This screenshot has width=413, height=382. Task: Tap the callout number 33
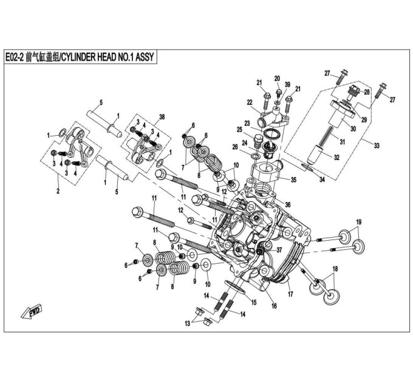point(377,145)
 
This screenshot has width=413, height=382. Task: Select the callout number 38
point(162,116)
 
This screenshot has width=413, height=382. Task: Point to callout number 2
point(58,191)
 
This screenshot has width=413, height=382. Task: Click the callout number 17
point(290,294)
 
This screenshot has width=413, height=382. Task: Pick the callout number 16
point(274,306)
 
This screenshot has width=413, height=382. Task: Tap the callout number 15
point(253,303)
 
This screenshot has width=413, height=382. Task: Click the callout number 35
point(293,179)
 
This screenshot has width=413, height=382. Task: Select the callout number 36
point(287,204)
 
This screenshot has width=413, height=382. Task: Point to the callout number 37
point(279,250)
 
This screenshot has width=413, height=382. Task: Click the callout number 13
point(187,323)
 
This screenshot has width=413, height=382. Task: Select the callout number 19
point(359,222)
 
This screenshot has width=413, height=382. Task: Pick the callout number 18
point(335,269)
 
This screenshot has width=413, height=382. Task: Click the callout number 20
point(277,78)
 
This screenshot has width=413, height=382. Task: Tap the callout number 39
point(287,85)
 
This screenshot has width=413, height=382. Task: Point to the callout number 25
point(239,129)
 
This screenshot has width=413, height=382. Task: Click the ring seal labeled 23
point(271,135)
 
